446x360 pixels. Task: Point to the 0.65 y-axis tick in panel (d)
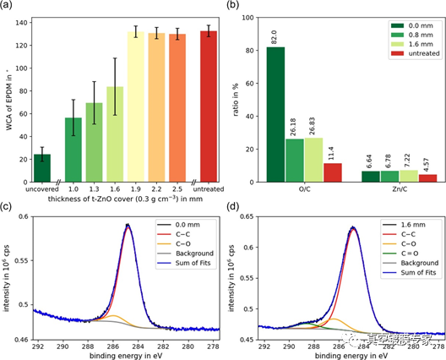(244, 217)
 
